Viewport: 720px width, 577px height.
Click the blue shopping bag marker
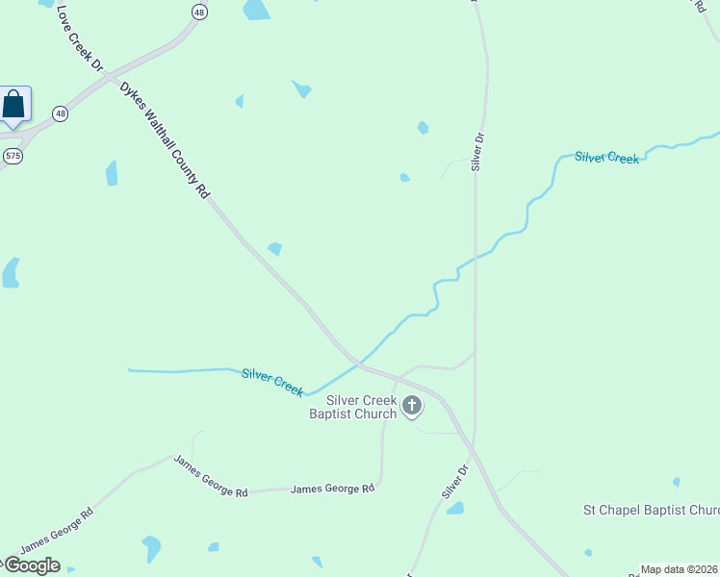(14, 104)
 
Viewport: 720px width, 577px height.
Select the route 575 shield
(13, 155)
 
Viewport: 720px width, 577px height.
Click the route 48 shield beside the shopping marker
(61, 113)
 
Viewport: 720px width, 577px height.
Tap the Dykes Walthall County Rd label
(165, 139)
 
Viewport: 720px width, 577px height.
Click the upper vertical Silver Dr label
(476, 152)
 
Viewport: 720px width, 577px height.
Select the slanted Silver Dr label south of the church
(454, 482)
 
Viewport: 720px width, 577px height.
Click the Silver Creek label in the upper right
(606, 157)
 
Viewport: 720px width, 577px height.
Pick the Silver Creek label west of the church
(272, 381)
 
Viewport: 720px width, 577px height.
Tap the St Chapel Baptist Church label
(652, 510)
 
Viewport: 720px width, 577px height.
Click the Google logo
(31, 565)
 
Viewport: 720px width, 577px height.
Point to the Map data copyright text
(680, 569)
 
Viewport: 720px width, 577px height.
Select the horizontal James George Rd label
(332, 489)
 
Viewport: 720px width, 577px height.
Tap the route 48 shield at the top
(199, 12)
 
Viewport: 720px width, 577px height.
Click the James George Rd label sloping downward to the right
(210, 476)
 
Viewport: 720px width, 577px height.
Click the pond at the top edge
(256, 10)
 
